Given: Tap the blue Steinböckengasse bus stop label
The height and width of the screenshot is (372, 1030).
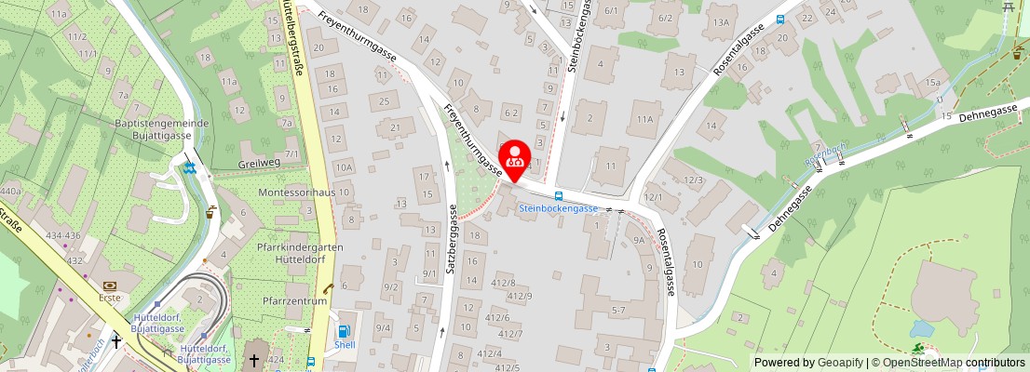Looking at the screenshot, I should pyautogui.click(x=558, y=208).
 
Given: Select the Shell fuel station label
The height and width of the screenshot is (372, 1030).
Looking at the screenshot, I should pyautogui.click(x=345, y=343).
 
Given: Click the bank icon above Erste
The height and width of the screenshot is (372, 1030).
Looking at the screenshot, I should pyautogui.click(x=111, y=285).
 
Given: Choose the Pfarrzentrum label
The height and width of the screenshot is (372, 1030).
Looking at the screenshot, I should pyautogui.click(x=294, y=300).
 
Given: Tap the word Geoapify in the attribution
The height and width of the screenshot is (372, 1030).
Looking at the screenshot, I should pyautogui.click(x=839, y=363).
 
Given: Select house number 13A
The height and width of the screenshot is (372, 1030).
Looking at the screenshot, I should pyautogui.click(x=720, y=22).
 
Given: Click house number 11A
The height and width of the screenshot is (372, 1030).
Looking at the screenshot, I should pyautogui.click(x=644, y=119).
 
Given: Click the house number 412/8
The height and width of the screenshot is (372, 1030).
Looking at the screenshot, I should pyautogui.click(x=503, y=282).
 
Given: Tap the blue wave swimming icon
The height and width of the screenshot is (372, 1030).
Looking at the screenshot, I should pyautogui.click(x=190, y=168).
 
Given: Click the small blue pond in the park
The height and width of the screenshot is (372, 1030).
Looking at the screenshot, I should pyautogui.click(x=923, y=328).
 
